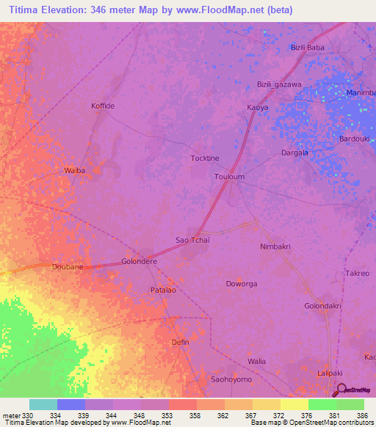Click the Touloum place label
[228, 178]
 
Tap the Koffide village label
[103, 106]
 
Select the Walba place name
[75, 171]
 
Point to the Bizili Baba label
[307, 48]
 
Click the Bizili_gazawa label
[279, 84]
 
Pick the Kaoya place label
[257, 108]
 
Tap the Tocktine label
[205, 158]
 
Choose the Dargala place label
[294, 153]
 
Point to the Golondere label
[139, 262]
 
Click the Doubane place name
[68, 267]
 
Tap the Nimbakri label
[275, 247]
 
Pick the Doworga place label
[242, 283]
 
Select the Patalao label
[163, 291]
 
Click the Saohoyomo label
[231, 379]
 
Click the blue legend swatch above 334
[71, 404]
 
